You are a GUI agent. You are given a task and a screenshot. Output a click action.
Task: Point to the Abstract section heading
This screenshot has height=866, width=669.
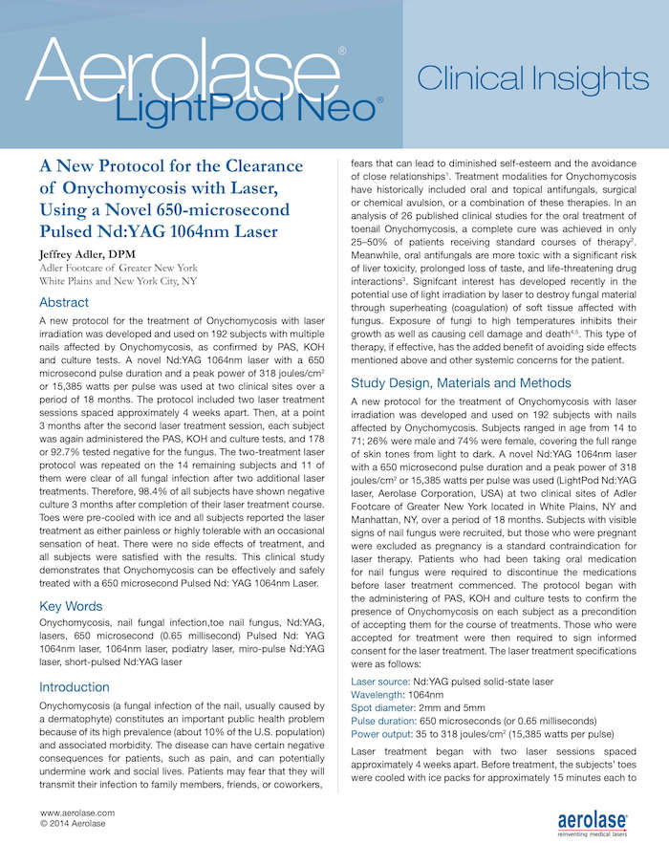tap(64, 302)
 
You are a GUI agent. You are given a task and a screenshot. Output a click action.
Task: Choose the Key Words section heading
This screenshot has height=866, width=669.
tap(72, 605)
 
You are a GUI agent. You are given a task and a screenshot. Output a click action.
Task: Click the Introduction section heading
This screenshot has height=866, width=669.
tap(74, 686)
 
